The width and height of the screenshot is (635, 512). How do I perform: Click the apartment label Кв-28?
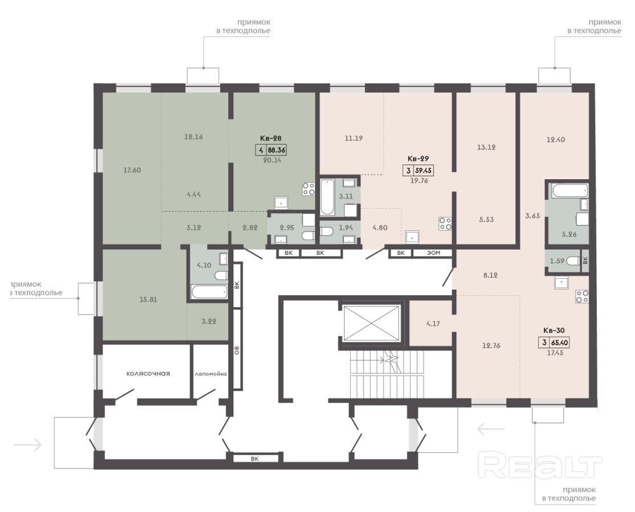[271, 138]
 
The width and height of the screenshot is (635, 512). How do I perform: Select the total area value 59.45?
[423, 171]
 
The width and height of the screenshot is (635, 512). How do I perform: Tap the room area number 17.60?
[132, 170]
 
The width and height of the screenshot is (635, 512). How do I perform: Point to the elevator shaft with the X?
[371, 324]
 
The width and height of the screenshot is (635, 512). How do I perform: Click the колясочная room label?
[148, 374]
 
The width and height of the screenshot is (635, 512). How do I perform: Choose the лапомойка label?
[211, 374]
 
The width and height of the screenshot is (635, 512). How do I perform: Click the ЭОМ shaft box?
[433, 253]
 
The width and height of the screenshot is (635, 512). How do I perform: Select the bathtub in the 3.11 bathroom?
[327, 197]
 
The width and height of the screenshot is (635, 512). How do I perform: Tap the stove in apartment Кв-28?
[309, 189]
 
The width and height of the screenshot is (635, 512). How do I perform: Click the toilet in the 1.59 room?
[572, 261]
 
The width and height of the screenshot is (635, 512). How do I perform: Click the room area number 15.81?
[148, 300]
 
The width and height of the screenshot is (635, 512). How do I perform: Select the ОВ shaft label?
[237, 350]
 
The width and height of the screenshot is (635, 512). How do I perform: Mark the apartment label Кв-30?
[554, 331]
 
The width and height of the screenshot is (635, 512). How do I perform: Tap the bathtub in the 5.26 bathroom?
[570, 190]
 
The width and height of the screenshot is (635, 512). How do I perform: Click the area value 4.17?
[433, 324]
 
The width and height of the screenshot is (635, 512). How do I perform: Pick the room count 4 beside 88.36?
[261, 150]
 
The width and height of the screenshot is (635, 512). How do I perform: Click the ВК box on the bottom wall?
[255, 459]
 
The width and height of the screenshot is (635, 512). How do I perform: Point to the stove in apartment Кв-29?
[445, 224]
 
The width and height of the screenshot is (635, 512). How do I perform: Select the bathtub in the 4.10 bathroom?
[209, 292]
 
